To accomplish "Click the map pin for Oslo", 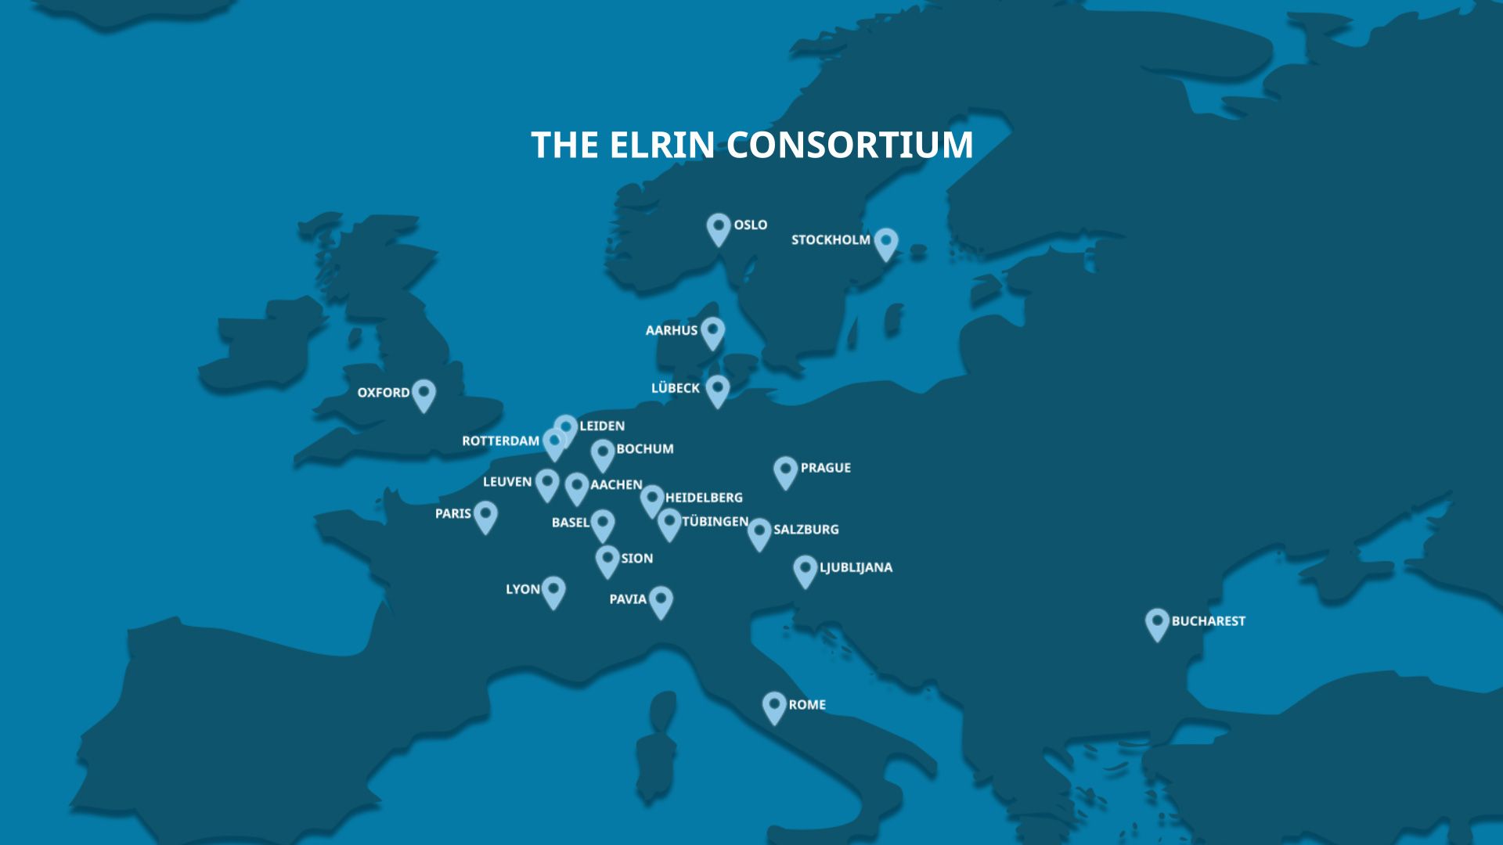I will (718, 228).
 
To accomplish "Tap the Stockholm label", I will (830, 239).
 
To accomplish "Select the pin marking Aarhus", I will (712, 332).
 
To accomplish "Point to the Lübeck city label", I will (675, 388).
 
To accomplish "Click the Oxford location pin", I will (424, 394).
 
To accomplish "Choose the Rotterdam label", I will (500, 441).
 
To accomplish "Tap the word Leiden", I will (602, 426).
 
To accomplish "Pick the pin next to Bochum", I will (602, 454).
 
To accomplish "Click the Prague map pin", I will (785, 472).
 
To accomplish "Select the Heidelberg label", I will (704, 498).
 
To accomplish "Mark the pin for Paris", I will (485, 516).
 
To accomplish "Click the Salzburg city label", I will (806, 530).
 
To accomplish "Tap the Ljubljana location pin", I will (805, 570).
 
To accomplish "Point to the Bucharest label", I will (1208, 621).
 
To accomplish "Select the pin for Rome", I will (774, 706).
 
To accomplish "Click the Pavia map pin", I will (661, 601).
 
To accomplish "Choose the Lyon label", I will (522, 589).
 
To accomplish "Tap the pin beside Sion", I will (607, 560).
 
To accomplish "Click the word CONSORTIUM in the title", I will (849, 146).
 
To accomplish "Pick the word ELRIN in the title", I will (661, 146).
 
